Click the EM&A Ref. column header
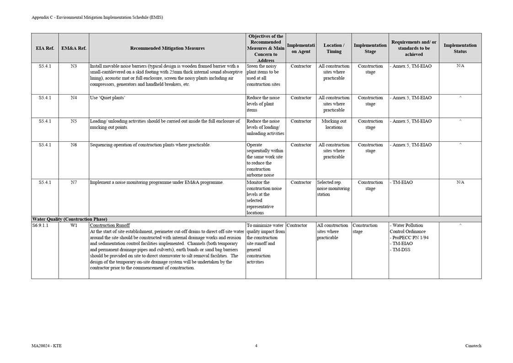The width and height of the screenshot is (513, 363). point(74,48)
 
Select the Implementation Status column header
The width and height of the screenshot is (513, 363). point(460,48)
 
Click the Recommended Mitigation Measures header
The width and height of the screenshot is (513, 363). point(167,48)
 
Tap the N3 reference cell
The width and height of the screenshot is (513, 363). point(74,66)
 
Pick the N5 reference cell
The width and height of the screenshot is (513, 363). point(74,122)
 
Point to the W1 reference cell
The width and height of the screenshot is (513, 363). point(74,225)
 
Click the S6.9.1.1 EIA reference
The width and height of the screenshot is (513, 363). point(40,225)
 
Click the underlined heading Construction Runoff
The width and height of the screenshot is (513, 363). point(110,225)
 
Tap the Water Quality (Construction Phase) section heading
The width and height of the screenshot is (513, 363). point(69,219)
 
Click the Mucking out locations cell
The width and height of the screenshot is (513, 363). point(334,124)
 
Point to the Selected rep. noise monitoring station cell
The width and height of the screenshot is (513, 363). point(333,188)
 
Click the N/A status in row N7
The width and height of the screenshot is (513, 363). point(460,182)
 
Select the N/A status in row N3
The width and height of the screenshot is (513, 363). point(460,66)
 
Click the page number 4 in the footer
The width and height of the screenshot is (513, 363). point(256,346)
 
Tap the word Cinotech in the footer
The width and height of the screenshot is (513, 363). point(473,346)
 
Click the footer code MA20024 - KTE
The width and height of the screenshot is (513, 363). point(47,346)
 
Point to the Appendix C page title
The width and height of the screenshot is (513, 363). point(97,17)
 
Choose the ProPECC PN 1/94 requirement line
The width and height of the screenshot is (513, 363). point(410,238)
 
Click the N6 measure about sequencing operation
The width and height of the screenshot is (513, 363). point(150,145)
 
